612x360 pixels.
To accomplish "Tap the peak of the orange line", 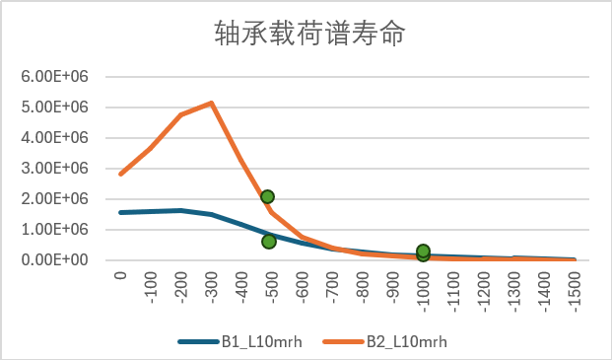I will (212, 103).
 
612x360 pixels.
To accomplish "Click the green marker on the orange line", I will (267, 197).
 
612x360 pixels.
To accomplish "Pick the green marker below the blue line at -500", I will (269, 242).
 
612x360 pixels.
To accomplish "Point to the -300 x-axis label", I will (212, 286).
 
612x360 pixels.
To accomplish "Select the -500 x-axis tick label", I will (272, 286).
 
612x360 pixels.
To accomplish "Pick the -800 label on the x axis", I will (364, 286).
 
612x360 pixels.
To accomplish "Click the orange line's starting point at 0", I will (120, 175).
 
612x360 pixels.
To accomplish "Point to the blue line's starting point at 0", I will (120, 212).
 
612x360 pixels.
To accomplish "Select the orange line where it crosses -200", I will (181, 114).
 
